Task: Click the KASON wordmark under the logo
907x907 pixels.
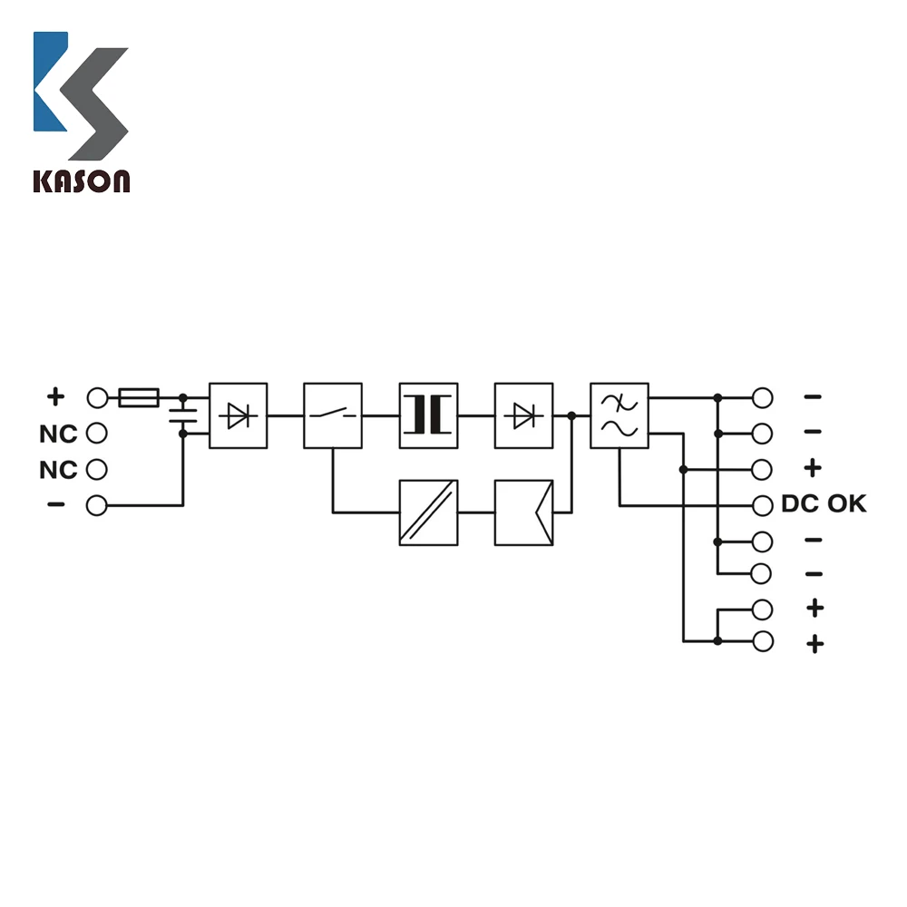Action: (x=82, y=180)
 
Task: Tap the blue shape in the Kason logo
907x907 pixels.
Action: (x=50, y=82)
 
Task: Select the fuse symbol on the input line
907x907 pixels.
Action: (x=139, y=397)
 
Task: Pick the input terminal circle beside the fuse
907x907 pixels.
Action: (x=97, y=397)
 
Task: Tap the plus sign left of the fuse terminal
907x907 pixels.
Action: (x=56, y=396)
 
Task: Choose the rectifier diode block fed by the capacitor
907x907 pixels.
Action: (x=239, y=415)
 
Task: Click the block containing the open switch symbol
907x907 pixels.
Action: (x=333, y=415)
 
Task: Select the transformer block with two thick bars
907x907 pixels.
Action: (x=428, y=415)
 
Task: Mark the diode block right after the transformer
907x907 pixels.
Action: (x=523, y=415)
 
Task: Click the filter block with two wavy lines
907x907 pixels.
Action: (x=619, y=415)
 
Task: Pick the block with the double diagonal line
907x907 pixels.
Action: (x=428, y=512)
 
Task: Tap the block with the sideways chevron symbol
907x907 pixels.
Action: (x=523, y=512)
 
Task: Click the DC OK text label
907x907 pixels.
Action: (x=824, y=504)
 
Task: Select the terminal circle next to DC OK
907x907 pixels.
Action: (x=763, y=505)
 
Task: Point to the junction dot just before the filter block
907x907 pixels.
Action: (x=571, y=415)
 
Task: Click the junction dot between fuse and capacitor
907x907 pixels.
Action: (x=183, y=397)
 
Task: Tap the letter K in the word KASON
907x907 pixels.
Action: (x=43, y=180)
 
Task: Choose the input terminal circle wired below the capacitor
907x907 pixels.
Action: (x=97, y=505)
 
